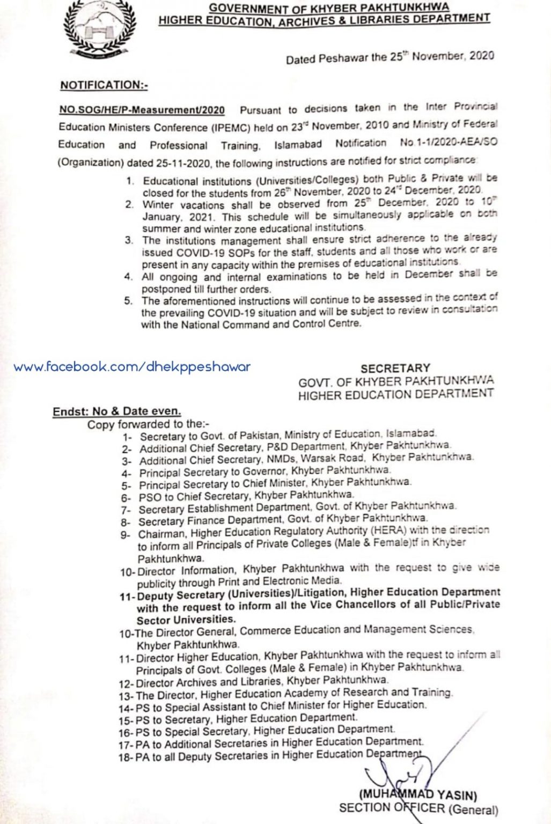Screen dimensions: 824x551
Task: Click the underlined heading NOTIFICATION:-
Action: click(104, 85)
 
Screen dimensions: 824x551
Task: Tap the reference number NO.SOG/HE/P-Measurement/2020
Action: click(142, 109)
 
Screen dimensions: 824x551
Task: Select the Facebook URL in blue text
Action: click(132, 367)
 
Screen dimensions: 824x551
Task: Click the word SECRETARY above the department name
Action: click(395, 369)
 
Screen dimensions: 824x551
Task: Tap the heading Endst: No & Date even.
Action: click(116, 412)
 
